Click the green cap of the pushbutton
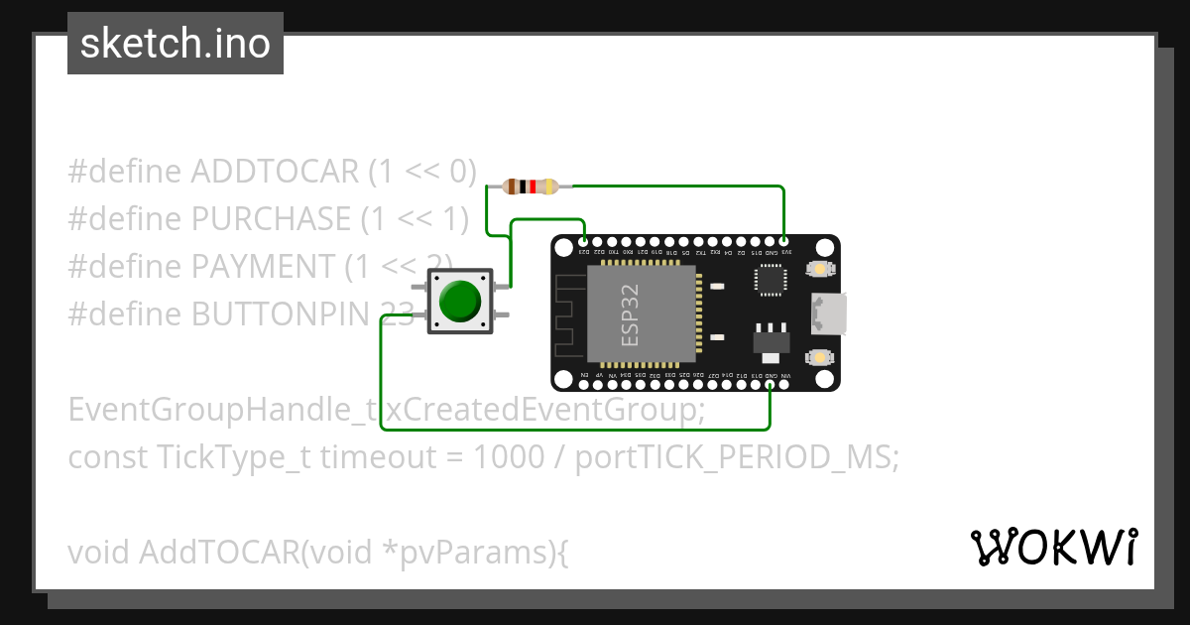coord(459,301)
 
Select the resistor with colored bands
coord(531,186)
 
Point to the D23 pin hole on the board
coord(584,241)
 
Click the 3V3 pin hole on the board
coord(784,241)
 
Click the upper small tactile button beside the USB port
coord(820,270)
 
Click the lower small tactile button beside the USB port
coord(820,357)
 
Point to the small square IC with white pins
coord(771,282)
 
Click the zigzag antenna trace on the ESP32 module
coord(567,317)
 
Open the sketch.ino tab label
coord(176,44)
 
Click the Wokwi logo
coord(1053,547)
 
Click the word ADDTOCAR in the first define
coord(274,172)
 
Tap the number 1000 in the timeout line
coord(509,457)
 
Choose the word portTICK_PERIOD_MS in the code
coord(737,457)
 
